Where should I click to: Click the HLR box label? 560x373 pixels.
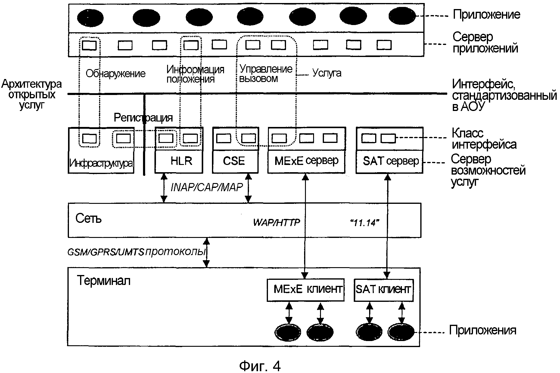coord(181,161)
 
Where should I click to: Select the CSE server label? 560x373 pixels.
coord(234,161)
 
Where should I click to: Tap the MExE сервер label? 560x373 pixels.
coord(306,161)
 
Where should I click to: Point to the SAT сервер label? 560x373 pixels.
coord(390,161)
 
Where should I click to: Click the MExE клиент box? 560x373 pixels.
coord(306,290)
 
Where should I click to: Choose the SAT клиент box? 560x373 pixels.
coord(383,290)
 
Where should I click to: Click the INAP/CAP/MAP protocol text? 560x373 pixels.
coord(207,187)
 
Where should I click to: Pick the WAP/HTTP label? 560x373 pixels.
coord(276,223)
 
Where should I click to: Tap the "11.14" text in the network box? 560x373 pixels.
coord(365,223)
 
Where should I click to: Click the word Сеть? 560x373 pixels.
coord(89,219)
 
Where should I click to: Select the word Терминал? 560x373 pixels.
coord(104,281)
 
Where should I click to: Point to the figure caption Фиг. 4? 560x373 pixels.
coord(260,366)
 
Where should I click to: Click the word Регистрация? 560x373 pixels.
coord(143,118)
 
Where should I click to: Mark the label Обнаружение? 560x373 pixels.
coord(116,74)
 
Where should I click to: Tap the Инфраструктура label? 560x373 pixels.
coord(101,163)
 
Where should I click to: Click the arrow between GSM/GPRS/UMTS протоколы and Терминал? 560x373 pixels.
coord(207,252)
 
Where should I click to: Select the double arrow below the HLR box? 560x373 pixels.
coord(164,187)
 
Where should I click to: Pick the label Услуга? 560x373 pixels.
coord(327,73)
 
